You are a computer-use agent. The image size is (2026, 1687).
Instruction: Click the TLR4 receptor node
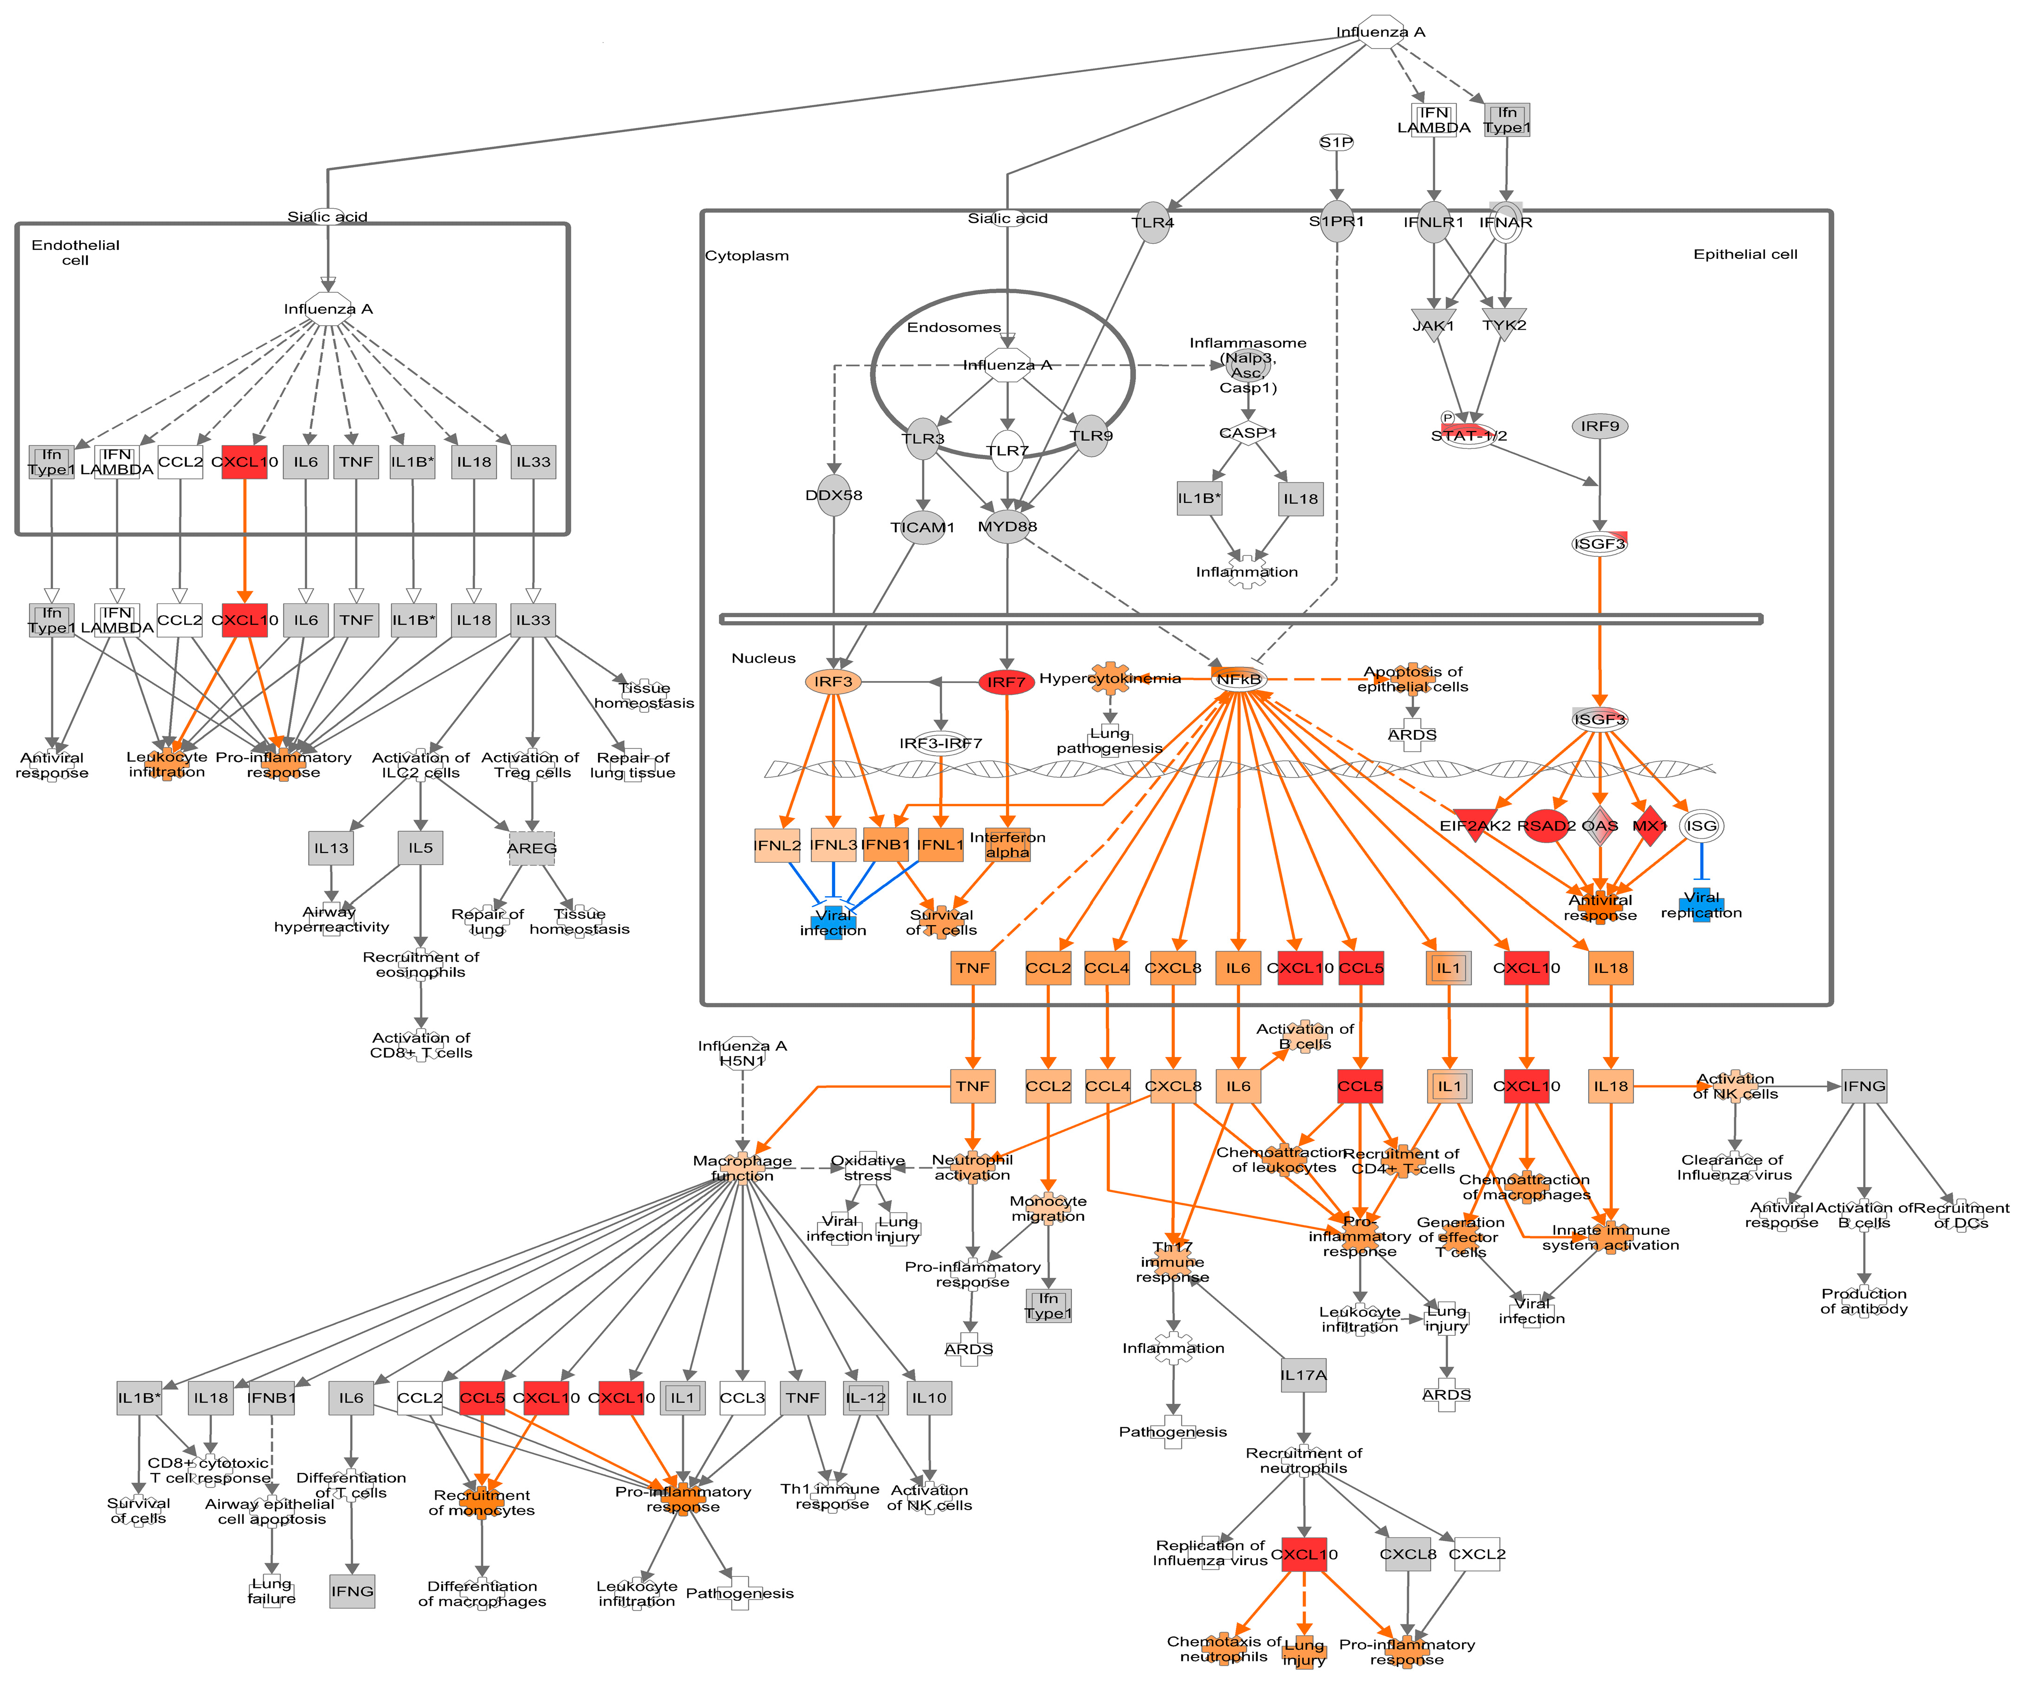[1153, 223]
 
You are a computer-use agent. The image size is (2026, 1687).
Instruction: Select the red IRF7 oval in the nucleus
[1006, 682]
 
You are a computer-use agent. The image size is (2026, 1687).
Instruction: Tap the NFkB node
[1239, 680]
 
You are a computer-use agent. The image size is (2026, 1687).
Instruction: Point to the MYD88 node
[1007, 526]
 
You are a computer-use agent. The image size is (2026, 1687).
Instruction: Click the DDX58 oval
[834, 495]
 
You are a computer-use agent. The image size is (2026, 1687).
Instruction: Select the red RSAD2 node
[1546, 825]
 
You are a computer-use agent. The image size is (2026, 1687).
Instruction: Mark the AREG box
[532, 848]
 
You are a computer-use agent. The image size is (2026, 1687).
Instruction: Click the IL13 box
[331, 848]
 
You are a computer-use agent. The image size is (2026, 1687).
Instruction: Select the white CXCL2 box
[1476, 1554]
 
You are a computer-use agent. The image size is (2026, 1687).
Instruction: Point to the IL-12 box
[865, 1397]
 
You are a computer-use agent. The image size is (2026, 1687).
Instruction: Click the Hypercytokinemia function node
[1111, 679]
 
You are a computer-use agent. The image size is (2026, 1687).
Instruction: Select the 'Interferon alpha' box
[1007, 844]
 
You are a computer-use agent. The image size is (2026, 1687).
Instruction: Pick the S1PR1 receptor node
[1336, 222]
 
